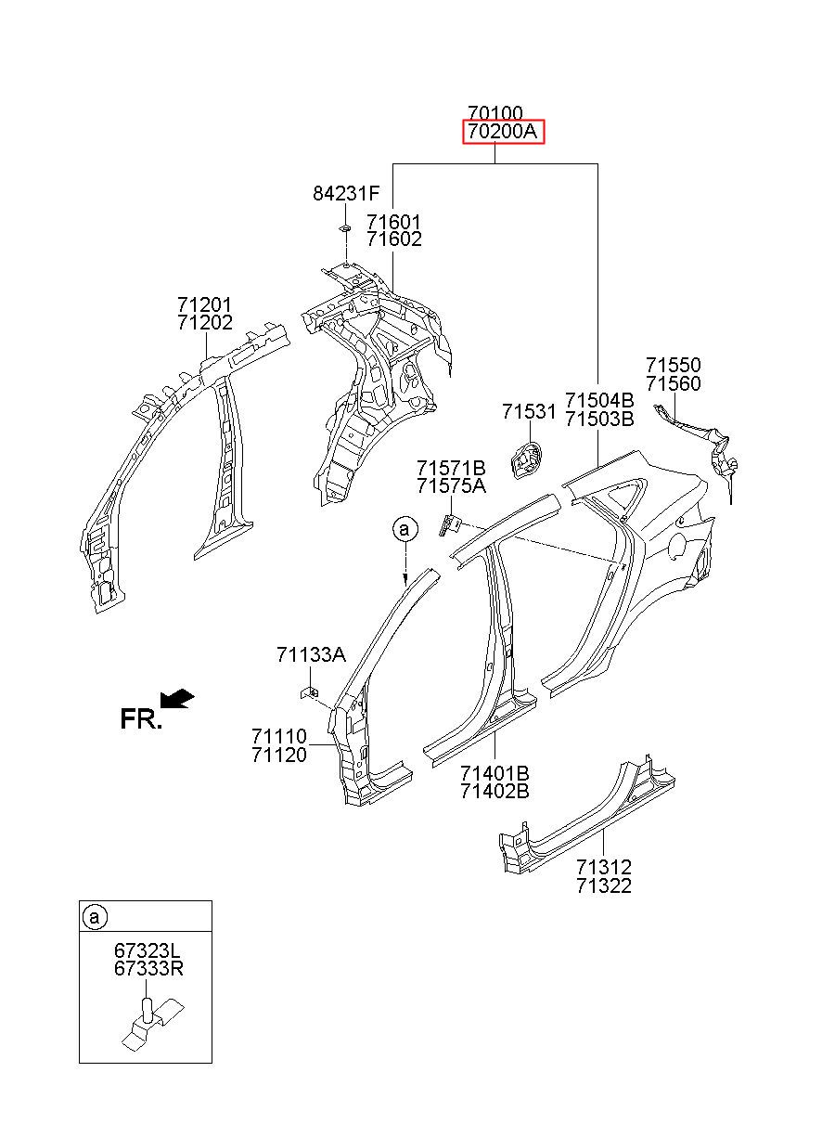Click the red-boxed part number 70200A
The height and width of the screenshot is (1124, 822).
[x=502, y=132]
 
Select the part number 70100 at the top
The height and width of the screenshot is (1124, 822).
[x=495, y=113]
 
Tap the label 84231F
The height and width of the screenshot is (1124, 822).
[x=346, y=193]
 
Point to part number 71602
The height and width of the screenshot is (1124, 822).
[x=393, y=239]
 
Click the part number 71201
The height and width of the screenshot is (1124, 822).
[x=204, y=304]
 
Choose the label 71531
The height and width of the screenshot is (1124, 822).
[x=529, y=411]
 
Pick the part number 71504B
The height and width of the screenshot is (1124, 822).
[x=599, y=400]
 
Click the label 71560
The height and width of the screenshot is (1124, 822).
[x=673, y=383]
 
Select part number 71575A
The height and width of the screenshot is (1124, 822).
[x=451, y=485]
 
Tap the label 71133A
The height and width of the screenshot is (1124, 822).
[x=311, y=654]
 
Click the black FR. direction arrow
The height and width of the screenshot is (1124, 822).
[x=176, y=699]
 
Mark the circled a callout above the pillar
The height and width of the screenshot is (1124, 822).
[x=405, y=529]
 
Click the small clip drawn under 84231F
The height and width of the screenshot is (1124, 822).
[x=344, y=228]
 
